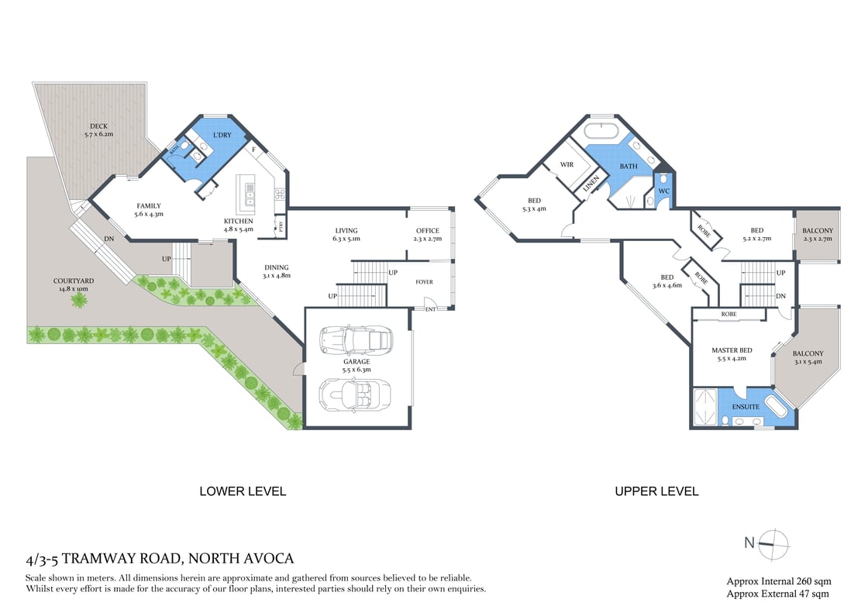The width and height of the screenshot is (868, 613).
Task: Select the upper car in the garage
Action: (358, 339)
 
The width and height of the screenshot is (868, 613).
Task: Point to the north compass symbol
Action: (773, 543)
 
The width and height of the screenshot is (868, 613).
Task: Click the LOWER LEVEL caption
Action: (243, 491)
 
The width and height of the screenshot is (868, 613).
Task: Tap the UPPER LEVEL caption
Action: (656, 491)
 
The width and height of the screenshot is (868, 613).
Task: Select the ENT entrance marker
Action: (430, 310)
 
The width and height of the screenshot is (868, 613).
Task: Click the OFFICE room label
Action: (427, 230)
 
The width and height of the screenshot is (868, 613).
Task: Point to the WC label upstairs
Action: (663, 191)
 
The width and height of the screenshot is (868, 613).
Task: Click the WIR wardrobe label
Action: (567, 164)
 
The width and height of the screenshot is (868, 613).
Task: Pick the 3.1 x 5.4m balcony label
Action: (808, 358)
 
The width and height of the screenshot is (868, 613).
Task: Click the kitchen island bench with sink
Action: (250, 195)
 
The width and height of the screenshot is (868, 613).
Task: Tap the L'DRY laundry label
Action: (222, 136)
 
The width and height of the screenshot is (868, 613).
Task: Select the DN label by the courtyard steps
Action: (109, 239)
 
